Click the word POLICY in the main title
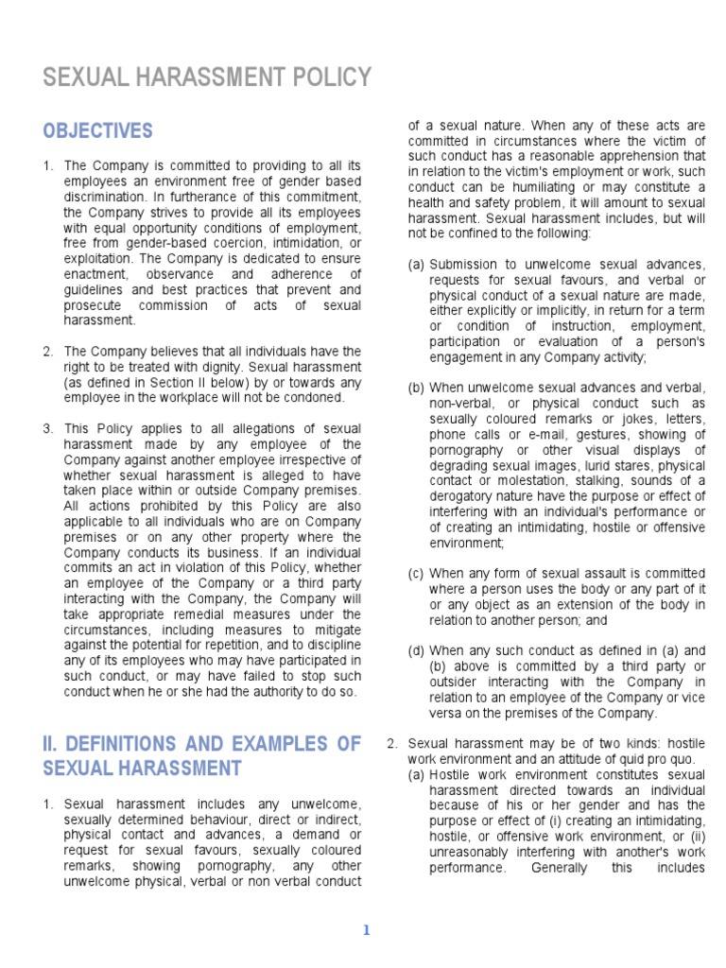coord(324,77)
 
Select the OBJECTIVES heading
coord(97,130)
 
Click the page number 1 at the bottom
coord(367,930)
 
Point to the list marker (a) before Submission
coord(416,264)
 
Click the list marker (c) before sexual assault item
coord(416,574)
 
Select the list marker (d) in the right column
coord(416,650)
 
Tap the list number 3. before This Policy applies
coord(48,428)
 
